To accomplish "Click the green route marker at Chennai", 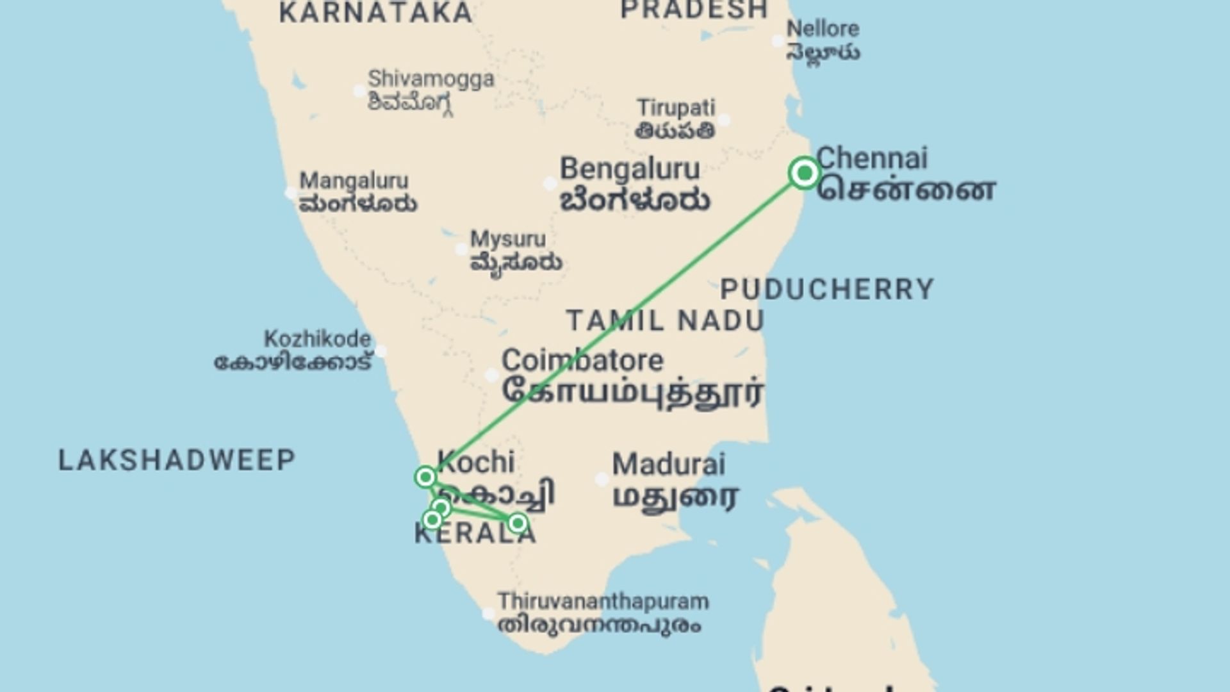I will [805, 172].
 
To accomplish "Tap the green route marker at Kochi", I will [425, 477].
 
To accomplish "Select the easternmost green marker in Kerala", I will [517, 523].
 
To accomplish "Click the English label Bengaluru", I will [630, 169].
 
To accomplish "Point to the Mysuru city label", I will [508, 239].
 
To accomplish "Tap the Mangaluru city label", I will [354, 181].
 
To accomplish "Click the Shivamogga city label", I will [431, 79].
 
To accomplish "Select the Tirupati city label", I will [676, 108].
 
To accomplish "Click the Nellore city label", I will [823, 29].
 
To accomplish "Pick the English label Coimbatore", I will [582, 360].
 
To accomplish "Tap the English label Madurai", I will [669, 465].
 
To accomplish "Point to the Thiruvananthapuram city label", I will [603, 602].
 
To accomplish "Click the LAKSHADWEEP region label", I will [177, 460].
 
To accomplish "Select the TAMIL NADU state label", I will [666, 320].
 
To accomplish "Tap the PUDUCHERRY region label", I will [827, 290].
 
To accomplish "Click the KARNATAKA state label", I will [376, 13].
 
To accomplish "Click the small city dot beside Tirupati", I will [724, 120].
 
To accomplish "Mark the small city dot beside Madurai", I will [602, 479].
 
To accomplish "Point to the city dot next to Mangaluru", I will [290, 192].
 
